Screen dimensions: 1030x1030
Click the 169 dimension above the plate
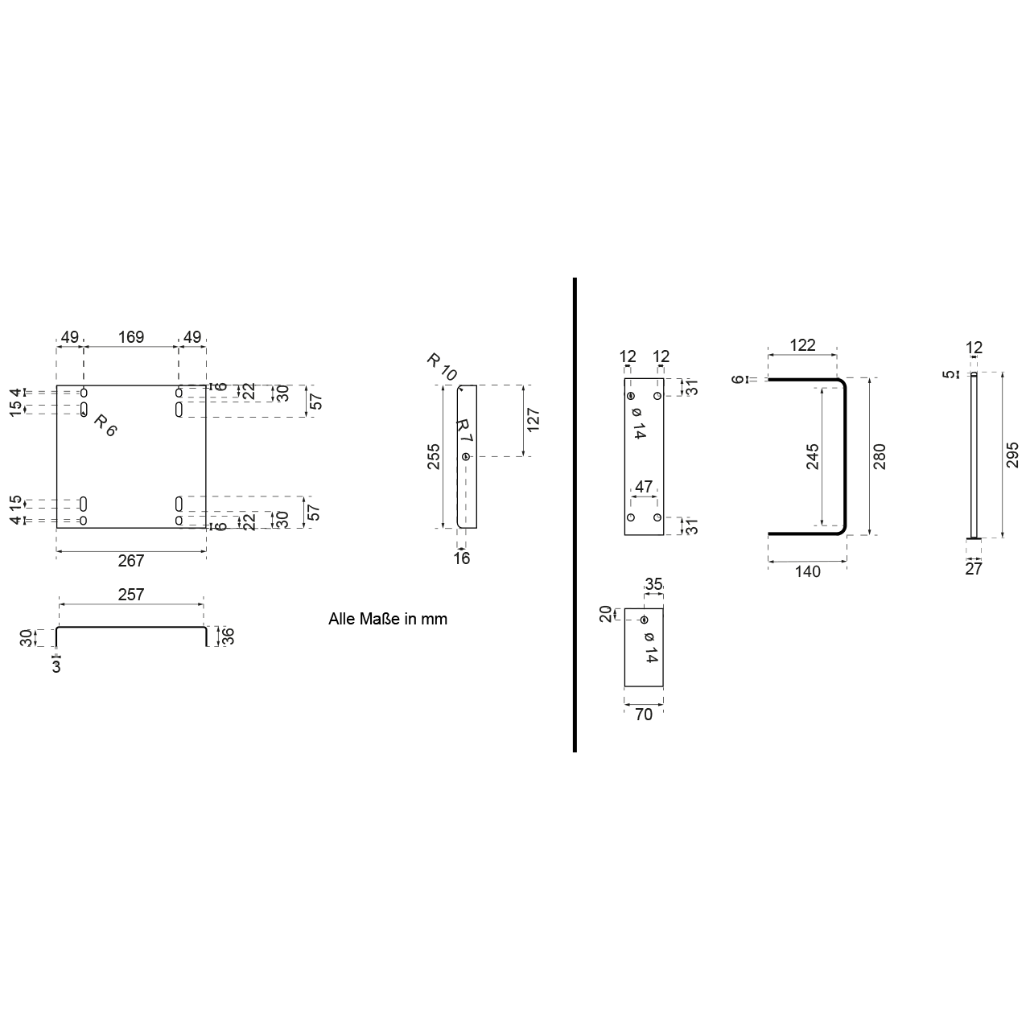[x=131, y=337]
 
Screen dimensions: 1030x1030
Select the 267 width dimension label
[x=131, y=561]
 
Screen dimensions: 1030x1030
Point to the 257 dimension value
[x=131, y=595]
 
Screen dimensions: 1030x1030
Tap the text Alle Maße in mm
[x=388, y=619]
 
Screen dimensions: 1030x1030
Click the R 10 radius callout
[x=442, y=367]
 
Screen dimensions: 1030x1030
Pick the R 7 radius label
[x=464, y=431]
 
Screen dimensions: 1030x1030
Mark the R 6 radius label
[x=105, y=424]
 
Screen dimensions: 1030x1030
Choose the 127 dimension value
[x=533, y=421]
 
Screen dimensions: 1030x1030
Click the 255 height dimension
[x=434, y=456]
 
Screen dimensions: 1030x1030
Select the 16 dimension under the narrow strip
[x=462, y=558]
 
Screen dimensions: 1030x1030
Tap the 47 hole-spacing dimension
[x=644, y=487]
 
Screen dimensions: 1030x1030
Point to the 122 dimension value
[x=802, y=345]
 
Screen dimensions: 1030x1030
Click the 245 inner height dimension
[x=813, y=456]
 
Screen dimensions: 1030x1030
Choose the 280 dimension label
[x=879, y=456]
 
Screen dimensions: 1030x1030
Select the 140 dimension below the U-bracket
[x=807, y=571]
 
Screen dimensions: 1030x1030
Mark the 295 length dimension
[x=1012, y=455]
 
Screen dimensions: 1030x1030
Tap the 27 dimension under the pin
[x=974, y=569]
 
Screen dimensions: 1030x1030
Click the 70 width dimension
[x=644, y=714]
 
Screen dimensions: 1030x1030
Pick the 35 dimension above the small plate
[x=654, y=584]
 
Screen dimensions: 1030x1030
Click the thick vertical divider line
[x=575, y=515]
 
